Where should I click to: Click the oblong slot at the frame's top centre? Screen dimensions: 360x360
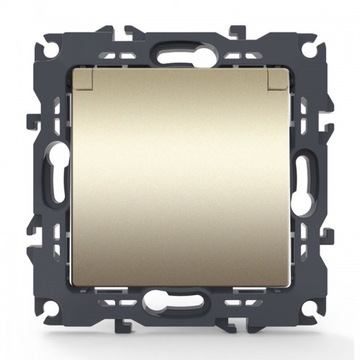[x=179, y=54]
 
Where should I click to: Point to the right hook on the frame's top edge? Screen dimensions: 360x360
[x=234, y=31]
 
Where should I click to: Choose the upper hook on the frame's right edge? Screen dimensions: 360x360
[x=330, y=119]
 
